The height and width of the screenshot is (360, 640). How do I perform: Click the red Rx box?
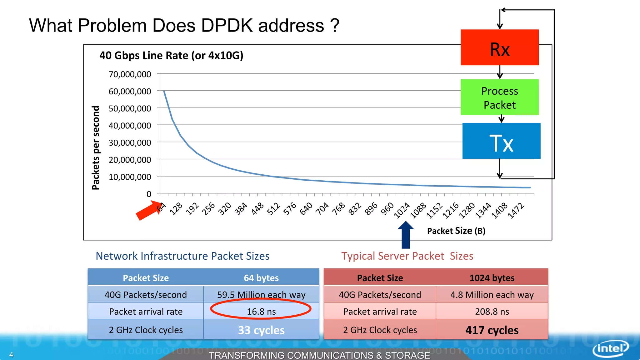(499, 47)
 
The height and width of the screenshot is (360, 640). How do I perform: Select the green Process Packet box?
(499, 97)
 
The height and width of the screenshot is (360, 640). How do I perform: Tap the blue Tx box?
(501, 141)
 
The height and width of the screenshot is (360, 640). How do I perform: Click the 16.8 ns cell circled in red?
(261, 311)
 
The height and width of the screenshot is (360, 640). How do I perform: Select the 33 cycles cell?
(261, 330)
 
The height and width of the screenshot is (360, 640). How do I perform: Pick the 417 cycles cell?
(492, 330)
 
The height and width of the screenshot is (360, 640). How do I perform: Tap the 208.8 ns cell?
(492, 311)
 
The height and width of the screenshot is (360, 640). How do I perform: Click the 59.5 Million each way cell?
(261, 294)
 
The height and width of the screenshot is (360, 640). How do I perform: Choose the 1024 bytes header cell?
(492, 278)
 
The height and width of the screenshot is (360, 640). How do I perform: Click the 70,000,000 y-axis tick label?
(130, 74)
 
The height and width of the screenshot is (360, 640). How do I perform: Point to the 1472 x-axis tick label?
(516, 210)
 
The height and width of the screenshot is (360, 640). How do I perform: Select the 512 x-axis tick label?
(273, 209)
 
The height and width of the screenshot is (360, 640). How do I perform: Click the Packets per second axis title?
(96, 147)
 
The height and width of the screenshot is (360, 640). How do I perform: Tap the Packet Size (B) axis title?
(456, 231)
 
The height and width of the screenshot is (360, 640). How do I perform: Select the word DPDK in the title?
(226, 25)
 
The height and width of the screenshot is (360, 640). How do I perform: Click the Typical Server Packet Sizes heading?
(407, 256)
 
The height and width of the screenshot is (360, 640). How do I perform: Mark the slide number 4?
(11, 355)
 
